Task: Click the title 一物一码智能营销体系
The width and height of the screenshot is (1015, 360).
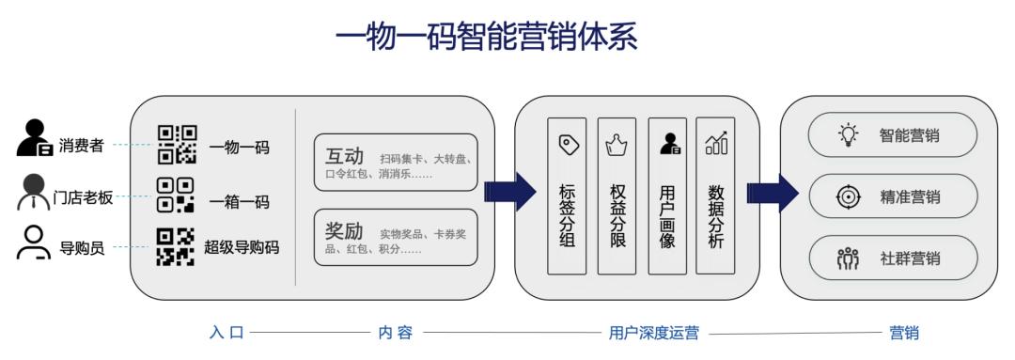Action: pos(486,37)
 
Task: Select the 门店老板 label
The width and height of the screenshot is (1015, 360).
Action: pos(83,197)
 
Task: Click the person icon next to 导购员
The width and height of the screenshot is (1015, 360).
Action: pos(34,243)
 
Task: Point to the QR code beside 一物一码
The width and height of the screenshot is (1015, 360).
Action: pos(177,145)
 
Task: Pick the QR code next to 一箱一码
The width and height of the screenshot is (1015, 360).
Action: pos(176,195)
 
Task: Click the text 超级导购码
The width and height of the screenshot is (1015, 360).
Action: pos(242,246)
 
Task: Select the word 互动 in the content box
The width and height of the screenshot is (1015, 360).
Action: pos(344,156)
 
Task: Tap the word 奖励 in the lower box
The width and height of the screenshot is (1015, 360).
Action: pos(344,231)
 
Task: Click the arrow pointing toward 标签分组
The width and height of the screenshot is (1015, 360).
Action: pos(510,192)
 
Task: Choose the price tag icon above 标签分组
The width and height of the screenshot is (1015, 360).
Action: pos(568,144)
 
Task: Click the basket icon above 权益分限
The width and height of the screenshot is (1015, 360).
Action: pos(617,144)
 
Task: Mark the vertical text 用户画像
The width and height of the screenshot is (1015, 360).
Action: pos(666,216)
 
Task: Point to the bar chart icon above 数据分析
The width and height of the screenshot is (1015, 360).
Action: pos(716,143)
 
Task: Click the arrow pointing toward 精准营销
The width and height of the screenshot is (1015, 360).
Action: pos(773,193)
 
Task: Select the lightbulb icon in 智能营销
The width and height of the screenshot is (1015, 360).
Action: pos(848,134)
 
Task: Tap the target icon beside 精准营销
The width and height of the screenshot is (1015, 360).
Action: pos(848,196)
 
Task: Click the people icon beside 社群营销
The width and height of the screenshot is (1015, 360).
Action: pos(848,258)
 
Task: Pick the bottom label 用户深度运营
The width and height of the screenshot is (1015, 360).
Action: pos(654,333)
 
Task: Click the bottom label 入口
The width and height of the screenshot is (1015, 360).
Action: pos(226,333)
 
